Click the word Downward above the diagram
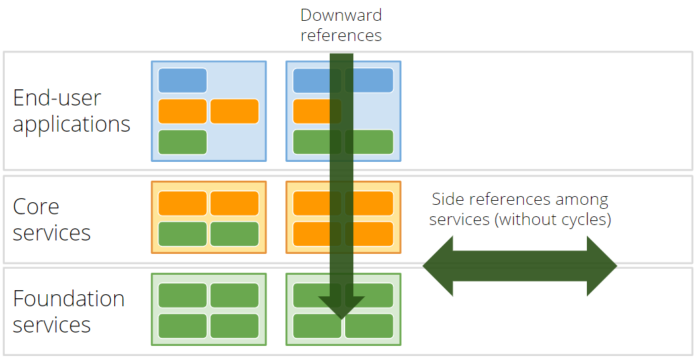click(340, 15)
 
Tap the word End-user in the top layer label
click(57, 98)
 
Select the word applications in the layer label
click(71, 124)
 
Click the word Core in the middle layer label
click(36, 207)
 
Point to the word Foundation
click(68, 298)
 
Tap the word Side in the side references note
click(447, 199)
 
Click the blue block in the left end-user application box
click(183, 81)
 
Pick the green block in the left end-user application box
click(183, 142)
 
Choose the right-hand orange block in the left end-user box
click(234, 111)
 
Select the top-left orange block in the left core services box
click(183, 204)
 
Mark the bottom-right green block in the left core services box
click(234, 234)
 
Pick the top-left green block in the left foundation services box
click(183, 296)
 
